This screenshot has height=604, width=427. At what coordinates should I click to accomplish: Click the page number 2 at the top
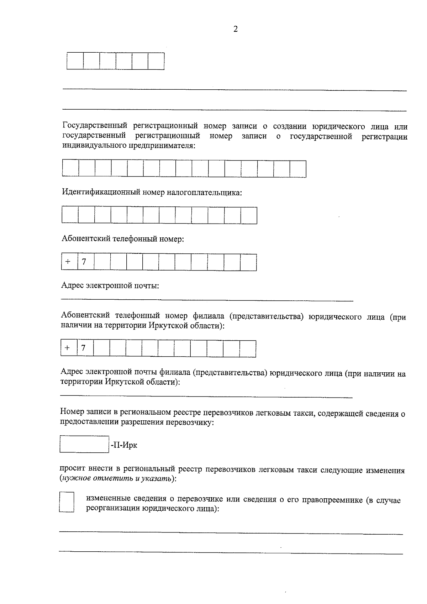click(x=235, y=29)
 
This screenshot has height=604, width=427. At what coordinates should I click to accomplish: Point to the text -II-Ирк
click(x=123, y=445)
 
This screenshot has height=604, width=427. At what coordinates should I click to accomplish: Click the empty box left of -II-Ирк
click(x=84, y=444)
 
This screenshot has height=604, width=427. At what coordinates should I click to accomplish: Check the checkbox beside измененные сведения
click(x=67, y=502)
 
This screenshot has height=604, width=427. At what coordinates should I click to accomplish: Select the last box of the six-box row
click(x=156, y=61)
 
